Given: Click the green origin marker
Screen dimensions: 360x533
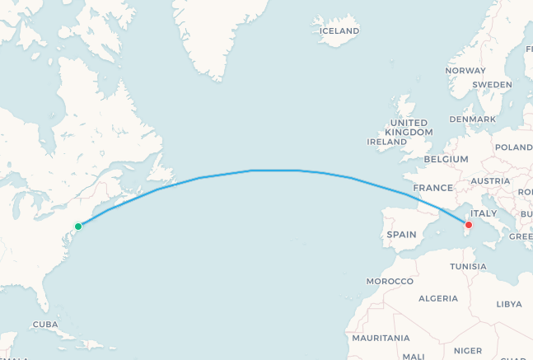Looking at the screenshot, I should [x=78, y=227].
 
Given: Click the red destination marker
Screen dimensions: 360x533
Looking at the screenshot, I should [x=469, y=225].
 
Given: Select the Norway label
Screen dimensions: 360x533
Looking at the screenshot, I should [x=465, y=71].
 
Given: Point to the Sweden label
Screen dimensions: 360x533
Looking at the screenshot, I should [x=493, y=84].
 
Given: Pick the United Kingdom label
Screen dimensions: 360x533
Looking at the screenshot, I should [x=409, y=126].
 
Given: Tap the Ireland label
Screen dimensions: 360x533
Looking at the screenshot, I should [x=387, y=142].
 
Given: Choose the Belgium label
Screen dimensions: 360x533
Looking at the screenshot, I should [x=446, y=159].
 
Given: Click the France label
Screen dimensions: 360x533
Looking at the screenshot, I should [x=432, y=188].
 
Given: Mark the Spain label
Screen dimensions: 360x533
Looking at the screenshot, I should [x=401, y=235].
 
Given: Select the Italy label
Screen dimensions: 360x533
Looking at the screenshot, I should [x=483, y=213].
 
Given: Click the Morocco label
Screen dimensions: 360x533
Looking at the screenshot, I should [x=390, y=282].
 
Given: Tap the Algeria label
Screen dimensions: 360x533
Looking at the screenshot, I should [x=437, y=299].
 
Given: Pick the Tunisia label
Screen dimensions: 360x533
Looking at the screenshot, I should [x=468, y=267].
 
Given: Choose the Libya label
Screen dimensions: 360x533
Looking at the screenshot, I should [x=509, y=304].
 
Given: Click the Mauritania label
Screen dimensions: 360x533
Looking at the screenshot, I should [x=381, y=339].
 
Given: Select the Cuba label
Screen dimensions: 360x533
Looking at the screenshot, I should [x=44, y=325].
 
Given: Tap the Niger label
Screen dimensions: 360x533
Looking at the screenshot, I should [x=468, y=350].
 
